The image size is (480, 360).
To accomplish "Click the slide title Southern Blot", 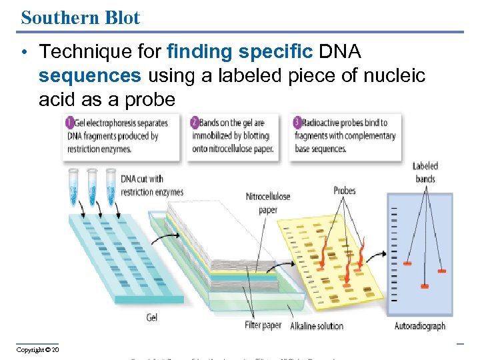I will [x=81, y=17].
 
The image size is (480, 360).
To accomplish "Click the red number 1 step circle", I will [x=70, y=123].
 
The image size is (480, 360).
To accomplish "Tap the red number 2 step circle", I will [x=194, y=123].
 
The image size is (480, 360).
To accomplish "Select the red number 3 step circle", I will [x=297, y=123].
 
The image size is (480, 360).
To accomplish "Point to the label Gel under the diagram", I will [x=152, y=318].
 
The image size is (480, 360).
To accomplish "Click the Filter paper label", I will [x=262, y=325].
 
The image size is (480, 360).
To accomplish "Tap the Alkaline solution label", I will [x=317, y=326].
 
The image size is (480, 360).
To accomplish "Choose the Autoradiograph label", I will [x=420, y=326].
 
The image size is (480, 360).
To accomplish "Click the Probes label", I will [x=345, y=191].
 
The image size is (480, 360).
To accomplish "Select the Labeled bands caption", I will [x=425, y=173].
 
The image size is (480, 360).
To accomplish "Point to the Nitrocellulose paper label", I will [x=268, y=203].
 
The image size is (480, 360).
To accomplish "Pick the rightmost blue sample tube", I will [x=111, y=187].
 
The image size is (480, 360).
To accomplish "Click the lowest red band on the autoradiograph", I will [x=424, y=286].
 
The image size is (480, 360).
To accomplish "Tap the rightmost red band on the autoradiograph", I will [x=441, y=271].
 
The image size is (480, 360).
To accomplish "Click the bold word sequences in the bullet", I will [x=90, y=76].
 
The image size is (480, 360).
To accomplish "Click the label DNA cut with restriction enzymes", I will [x=152, y=185].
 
